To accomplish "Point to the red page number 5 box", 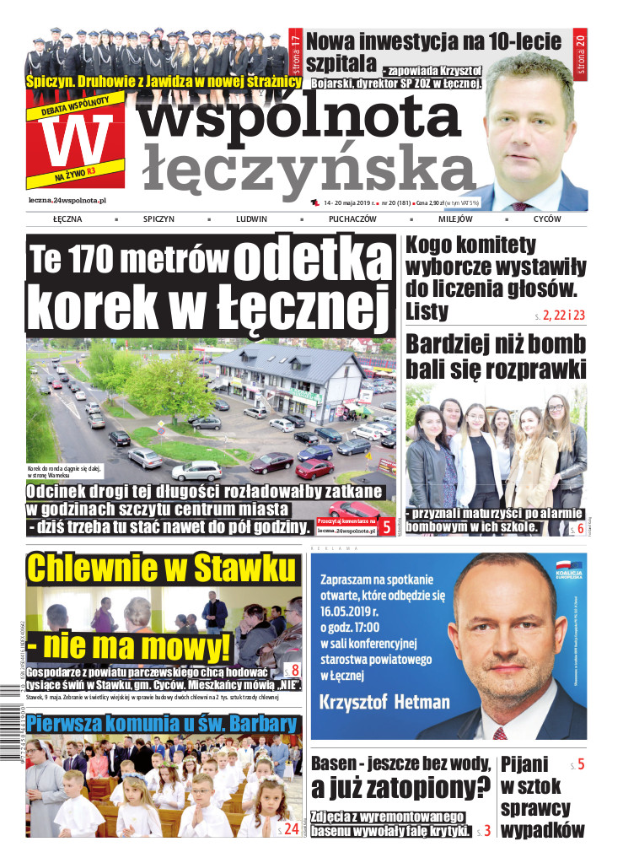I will [385, 527].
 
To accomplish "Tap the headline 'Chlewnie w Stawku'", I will [163, 569].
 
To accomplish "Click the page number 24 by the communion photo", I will [290, 829].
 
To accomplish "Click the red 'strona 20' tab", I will [580, 52].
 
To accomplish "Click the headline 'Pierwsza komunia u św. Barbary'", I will [162, 724].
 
